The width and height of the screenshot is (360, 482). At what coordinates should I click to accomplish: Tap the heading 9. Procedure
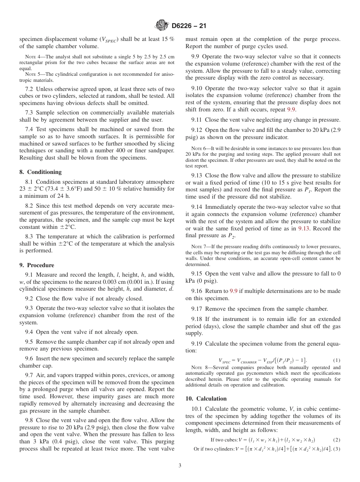37,265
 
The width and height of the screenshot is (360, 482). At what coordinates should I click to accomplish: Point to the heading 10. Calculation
206,398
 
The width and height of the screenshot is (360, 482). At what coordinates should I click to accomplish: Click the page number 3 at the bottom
180,466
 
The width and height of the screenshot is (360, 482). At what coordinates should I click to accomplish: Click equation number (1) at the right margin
337,360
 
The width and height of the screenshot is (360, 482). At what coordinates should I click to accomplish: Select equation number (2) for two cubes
337,440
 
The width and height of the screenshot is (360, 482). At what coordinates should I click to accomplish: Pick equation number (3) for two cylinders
337,449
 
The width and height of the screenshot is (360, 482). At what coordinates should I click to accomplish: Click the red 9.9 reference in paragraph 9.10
291,110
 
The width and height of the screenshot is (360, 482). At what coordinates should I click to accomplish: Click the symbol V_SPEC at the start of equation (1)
224,361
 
